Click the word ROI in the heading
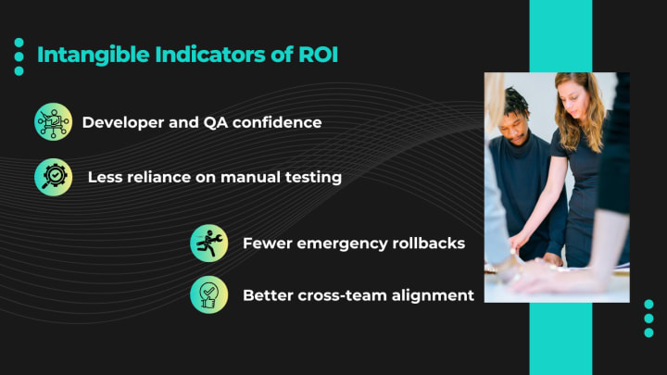[x=318, y=55]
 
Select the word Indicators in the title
[x=210, y=55]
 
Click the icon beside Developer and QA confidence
[x=53, y=121]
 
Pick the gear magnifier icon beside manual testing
[x=53, y=177]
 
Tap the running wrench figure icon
[x=208, y=244]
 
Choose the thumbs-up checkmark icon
[x=208, y=294]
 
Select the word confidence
[x=277, y=122]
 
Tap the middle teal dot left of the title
[x=19, y=56]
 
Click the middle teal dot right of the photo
[x=648, y=318]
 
